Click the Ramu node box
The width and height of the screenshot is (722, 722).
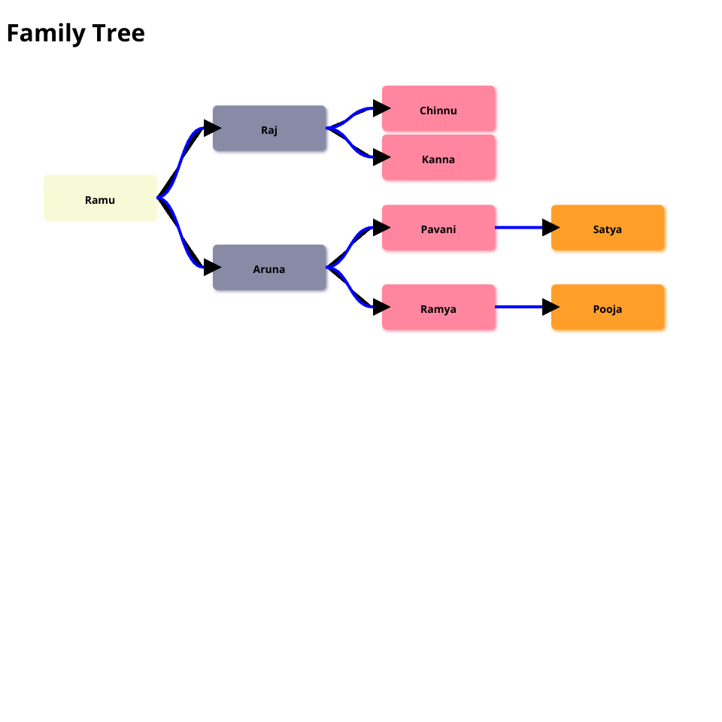100,199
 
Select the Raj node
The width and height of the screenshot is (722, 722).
269,129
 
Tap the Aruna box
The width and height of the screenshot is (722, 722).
269,268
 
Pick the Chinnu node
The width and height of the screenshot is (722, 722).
438,109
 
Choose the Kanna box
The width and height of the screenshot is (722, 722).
438,158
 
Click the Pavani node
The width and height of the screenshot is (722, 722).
438,228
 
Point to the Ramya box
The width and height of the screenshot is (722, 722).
438,308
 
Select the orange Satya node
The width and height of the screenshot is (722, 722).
608,228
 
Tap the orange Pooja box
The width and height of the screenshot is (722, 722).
608,308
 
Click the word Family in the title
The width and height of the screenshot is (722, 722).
46,34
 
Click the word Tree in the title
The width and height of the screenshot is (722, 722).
119,34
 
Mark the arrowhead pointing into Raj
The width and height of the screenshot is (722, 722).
211,129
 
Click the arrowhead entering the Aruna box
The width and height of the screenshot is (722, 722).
211,267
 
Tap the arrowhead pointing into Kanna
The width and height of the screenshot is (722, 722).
381,157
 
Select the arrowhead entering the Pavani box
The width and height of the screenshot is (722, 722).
381,227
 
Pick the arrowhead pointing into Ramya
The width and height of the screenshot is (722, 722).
381,307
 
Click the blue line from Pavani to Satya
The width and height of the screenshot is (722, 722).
519,227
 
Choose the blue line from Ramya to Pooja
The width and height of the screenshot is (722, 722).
519,307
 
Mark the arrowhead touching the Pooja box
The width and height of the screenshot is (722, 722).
551,307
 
